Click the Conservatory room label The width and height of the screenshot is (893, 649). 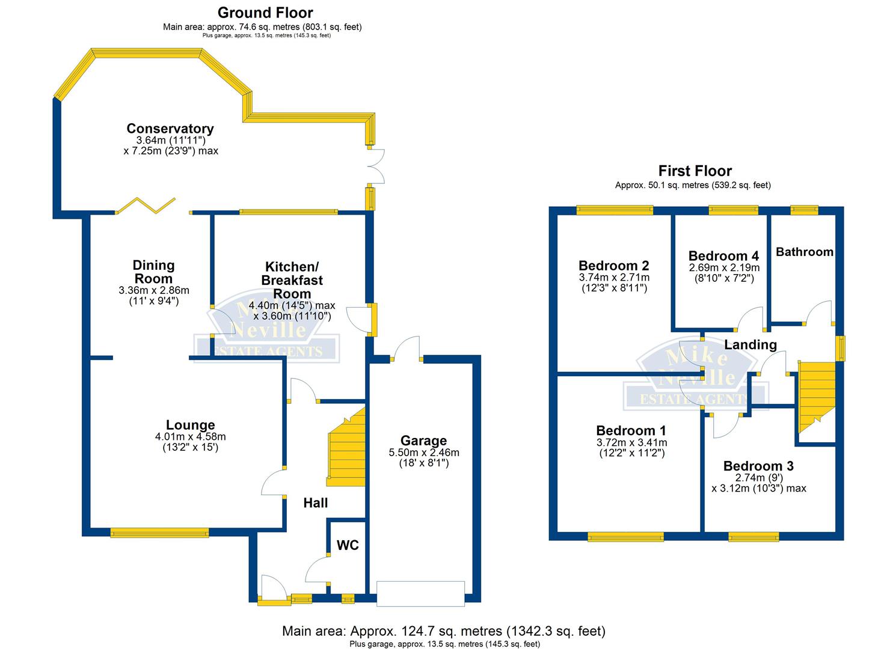tap(170, 129)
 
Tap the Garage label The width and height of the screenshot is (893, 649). tap(423, 441)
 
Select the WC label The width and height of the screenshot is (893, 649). tap(348, 545)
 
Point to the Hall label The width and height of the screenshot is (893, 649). tap(315, 503)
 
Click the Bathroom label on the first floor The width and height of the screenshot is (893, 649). tap(804, 252)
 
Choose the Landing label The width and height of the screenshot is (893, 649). tap(750, 344)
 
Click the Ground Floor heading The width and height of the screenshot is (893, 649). tap(265, 13)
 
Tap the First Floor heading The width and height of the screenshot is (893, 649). tap(695, 171)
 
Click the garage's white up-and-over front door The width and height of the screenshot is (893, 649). tap(420, 591)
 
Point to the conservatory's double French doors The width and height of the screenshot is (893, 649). tap(377, 165)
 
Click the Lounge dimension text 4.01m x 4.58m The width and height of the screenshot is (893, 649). tap(190, 437)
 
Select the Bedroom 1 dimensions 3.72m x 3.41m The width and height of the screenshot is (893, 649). tap(631, 443)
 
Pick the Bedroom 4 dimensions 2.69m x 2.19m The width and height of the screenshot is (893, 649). tap(724, 268)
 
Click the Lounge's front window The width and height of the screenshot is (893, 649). tap(159, 532)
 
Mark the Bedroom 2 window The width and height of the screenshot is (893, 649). tap(614, 210)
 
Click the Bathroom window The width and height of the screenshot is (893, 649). tap(804, 210)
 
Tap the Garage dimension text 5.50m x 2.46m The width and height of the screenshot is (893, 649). tap(423, 452)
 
